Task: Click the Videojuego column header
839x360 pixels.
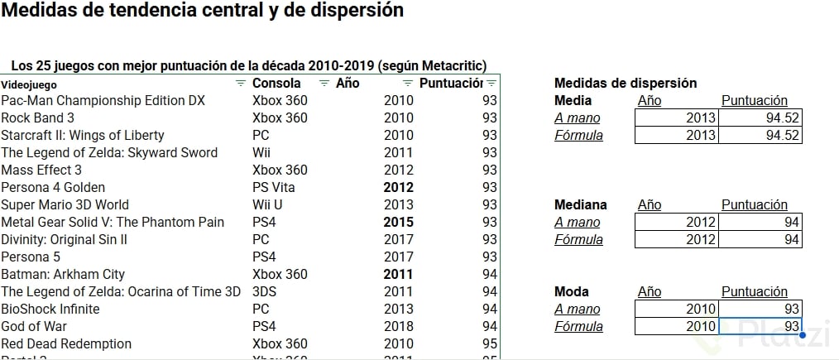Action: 30,84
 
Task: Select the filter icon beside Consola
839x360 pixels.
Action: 324,83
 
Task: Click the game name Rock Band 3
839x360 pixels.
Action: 38,118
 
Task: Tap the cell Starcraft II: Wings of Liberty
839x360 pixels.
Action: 83,135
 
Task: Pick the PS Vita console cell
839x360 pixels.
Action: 273,187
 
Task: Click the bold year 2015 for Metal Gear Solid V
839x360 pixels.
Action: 399,222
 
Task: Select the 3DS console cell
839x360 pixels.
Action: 264,291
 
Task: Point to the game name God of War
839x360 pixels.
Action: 34,326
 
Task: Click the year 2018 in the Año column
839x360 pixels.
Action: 399,326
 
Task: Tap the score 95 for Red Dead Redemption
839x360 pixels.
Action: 490,343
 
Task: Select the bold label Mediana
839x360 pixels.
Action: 580,204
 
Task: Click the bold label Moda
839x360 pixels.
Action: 571,291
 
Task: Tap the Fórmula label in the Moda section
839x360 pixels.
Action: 578,326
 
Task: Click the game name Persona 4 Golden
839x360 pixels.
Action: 53,187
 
